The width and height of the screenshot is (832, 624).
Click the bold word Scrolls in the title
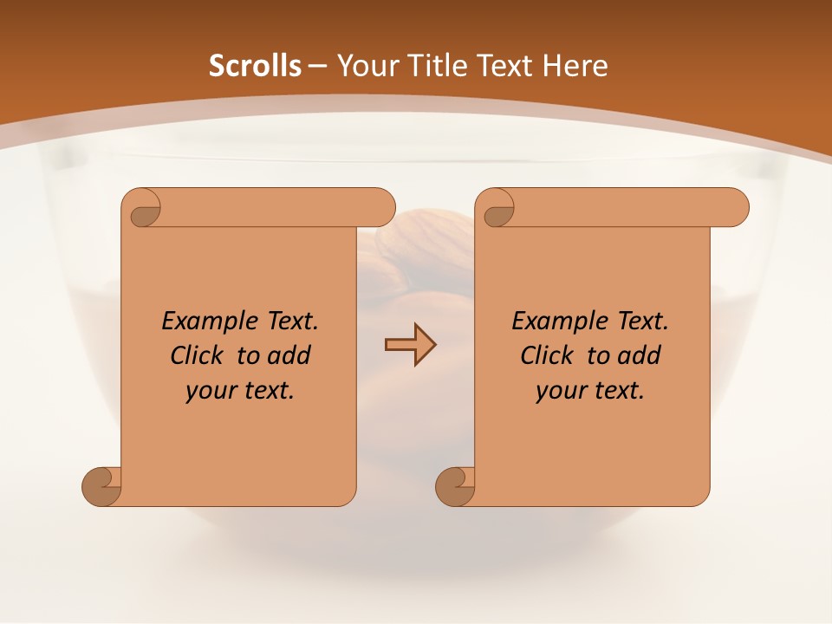[x=255, y=66]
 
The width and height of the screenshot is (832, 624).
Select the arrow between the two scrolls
[x=410, y=344]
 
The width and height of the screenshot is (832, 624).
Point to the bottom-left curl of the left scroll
[x=101, y=486]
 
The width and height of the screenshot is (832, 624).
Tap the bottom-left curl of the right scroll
[x=455, y=486]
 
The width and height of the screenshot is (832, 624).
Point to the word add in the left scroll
[x=289, y=355]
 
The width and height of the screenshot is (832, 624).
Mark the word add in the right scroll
[x=640, y=355]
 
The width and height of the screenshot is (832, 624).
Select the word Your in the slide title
[x=366, y=66]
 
